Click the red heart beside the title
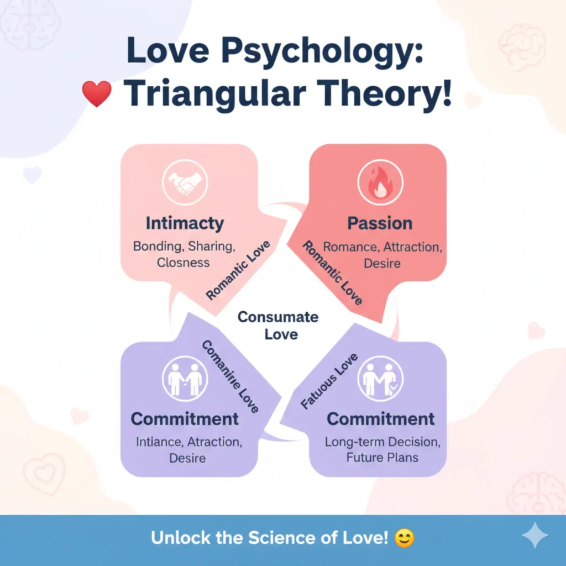(97, 93)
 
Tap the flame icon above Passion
(381, 182)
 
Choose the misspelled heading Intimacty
(185, 223)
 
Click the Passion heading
(380, 223)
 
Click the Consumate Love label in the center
(278, 326)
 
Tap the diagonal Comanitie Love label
(229, 376)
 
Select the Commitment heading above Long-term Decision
(380, 419)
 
